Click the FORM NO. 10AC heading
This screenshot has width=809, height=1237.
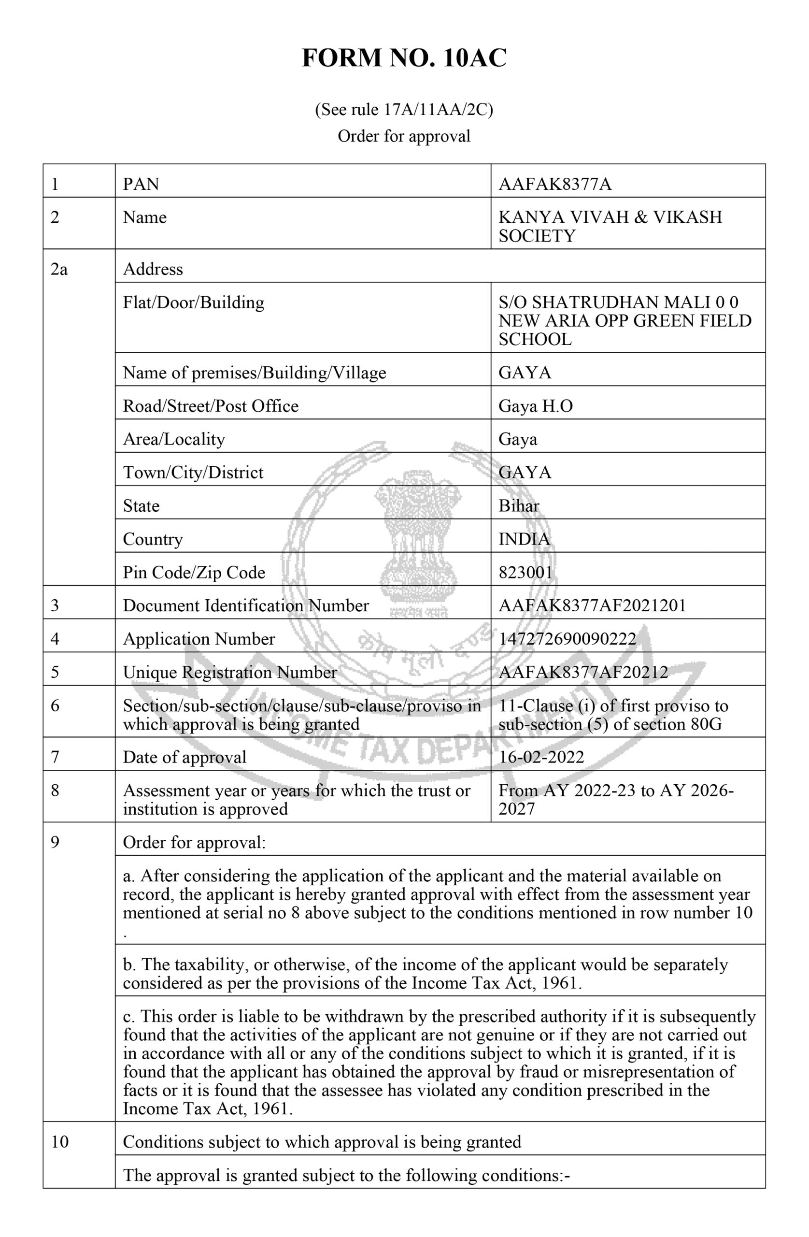click(404, 58)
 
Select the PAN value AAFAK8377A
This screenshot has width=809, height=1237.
click(554, 184)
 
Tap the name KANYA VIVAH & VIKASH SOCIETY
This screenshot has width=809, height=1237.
click(610, 226)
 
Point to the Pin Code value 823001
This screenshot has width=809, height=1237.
click(525, 572)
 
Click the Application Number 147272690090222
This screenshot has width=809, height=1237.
click(567, 639)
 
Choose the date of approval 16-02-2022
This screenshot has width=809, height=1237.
click(541, 757)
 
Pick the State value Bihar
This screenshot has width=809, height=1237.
click(519, 506)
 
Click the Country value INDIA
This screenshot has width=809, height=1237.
click(524, 539)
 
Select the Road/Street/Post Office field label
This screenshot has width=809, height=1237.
click(211, 406)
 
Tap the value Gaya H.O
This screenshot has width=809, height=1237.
click(535, 406)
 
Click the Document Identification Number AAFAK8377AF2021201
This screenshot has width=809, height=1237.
click(592, 605)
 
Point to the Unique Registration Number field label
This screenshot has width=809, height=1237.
click(229, 672)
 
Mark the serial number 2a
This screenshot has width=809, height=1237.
click(59, 269)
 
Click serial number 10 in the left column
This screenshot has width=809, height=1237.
click(60, 1142)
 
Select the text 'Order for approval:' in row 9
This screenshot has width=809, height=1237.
click(194, 842)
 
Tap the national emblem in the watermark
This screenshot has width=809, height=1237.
click(419, 541)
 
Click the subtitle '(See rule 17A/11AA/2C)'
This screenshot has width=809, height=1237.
click(404, 110)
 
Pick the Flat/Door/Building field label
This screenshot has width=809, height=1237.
click(193, 302)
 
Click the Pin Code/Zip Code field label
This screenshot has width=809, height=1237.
click(194, 572)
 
